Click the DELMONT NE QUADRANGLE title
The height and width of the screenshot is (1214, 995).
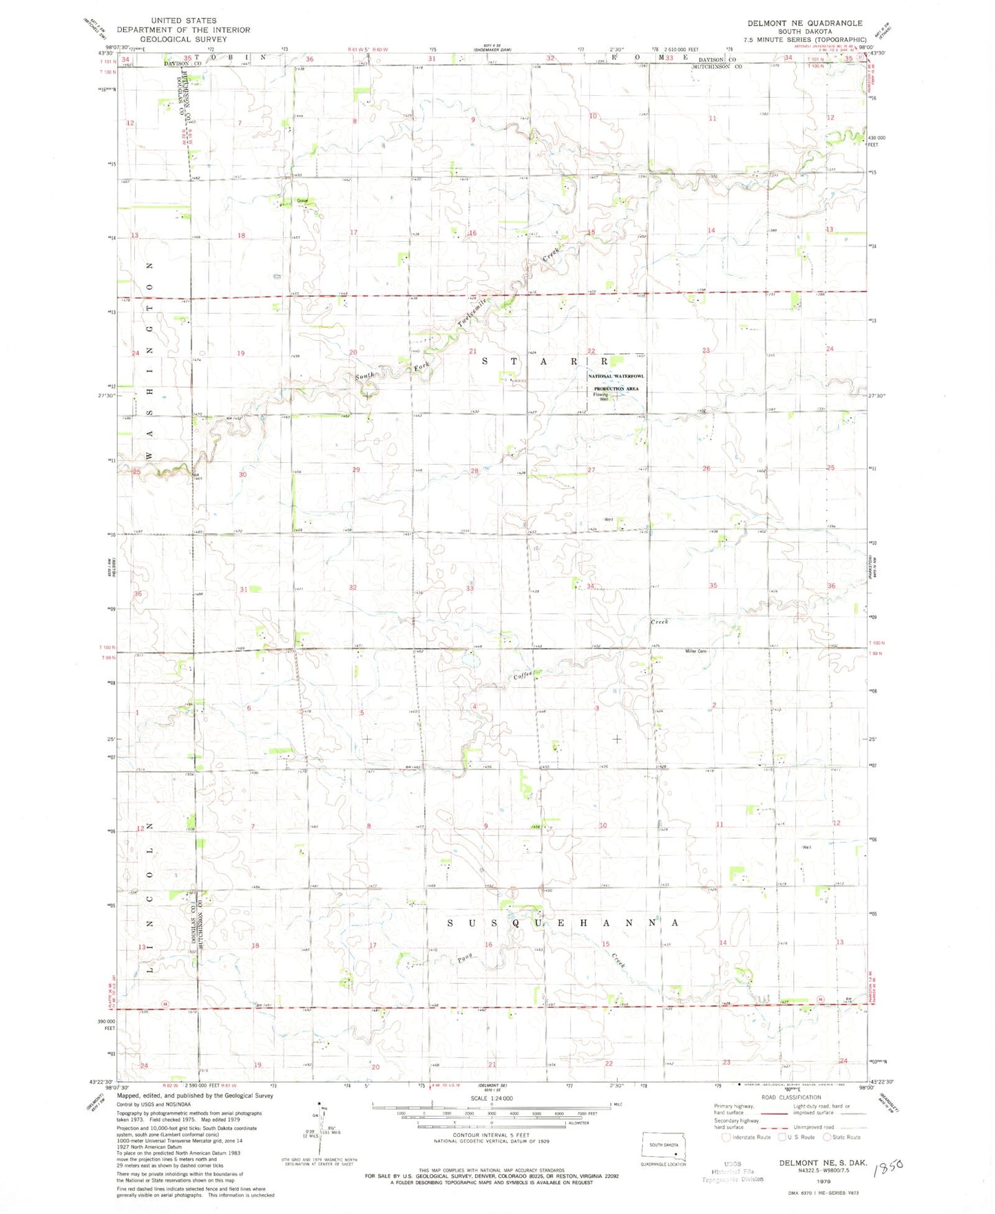(x=804, y=23)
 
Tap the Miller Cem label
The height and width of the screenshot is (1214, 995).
(x=695, y=651)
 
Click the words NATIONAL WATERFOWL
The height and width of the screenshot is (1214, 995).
(x=616, y=377)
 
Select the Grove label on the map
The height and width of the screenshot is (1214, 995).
(x=302, y=201)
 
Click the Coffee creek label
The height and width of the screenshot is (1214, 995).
(x=523, y=676)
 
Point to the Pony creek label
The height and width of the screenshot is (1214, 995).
(x=468, y=959)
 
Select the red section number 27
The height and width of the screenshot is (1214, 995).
(x=591, y=470)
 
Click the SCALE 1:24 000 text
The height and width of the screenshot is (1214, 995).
(x=492, y=1098)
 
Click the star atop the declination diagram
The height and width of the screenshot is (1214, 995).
(x=320, y=1101)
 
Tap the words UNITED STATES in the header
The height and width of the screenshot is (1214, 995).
(x=183, y=21)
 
